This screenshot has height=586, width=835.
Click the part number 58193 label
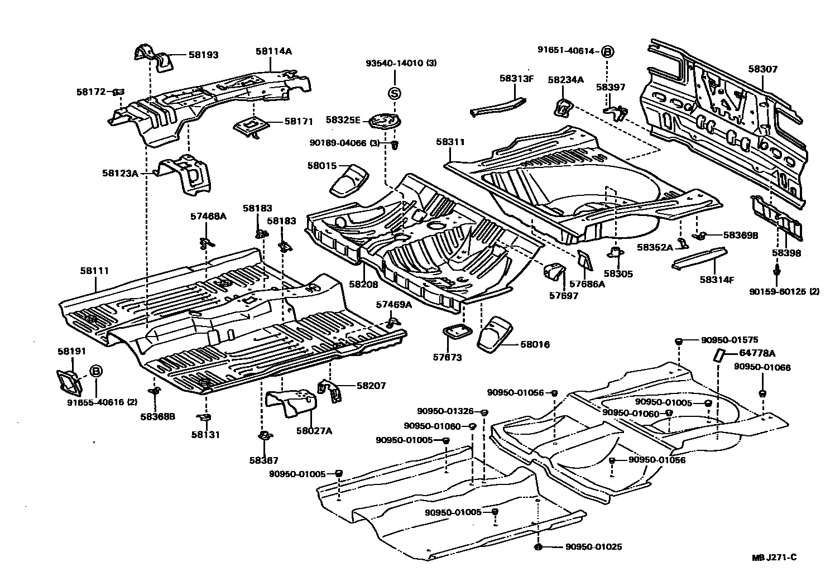coord(203,55)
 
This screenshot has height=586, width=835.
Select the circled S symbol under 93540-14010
coord(394,93)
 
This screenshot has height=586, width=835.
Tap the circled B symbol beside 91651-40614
coord(607,52)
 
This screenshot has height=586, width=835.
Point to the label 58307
coord(763,69)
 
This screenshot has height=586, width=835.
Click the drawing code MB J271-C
coord(773,557)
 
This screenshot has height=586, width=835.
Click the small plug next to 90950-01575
coord(678,340)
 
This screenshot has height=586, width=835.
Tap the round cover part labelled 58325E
coord(386,121)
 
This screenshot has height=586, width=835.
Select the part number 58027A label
coord(314,430)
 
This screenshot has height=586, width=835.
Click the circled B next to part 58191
coord(95,371)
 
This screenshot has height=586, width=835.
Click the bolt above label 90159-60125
coord(777,271)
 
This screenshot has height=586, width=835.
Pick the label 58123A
coord(119,173)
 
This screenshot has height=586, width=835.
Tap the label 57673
coord(448,358)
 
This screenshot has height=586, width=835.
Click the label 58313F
coord(517,79)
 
